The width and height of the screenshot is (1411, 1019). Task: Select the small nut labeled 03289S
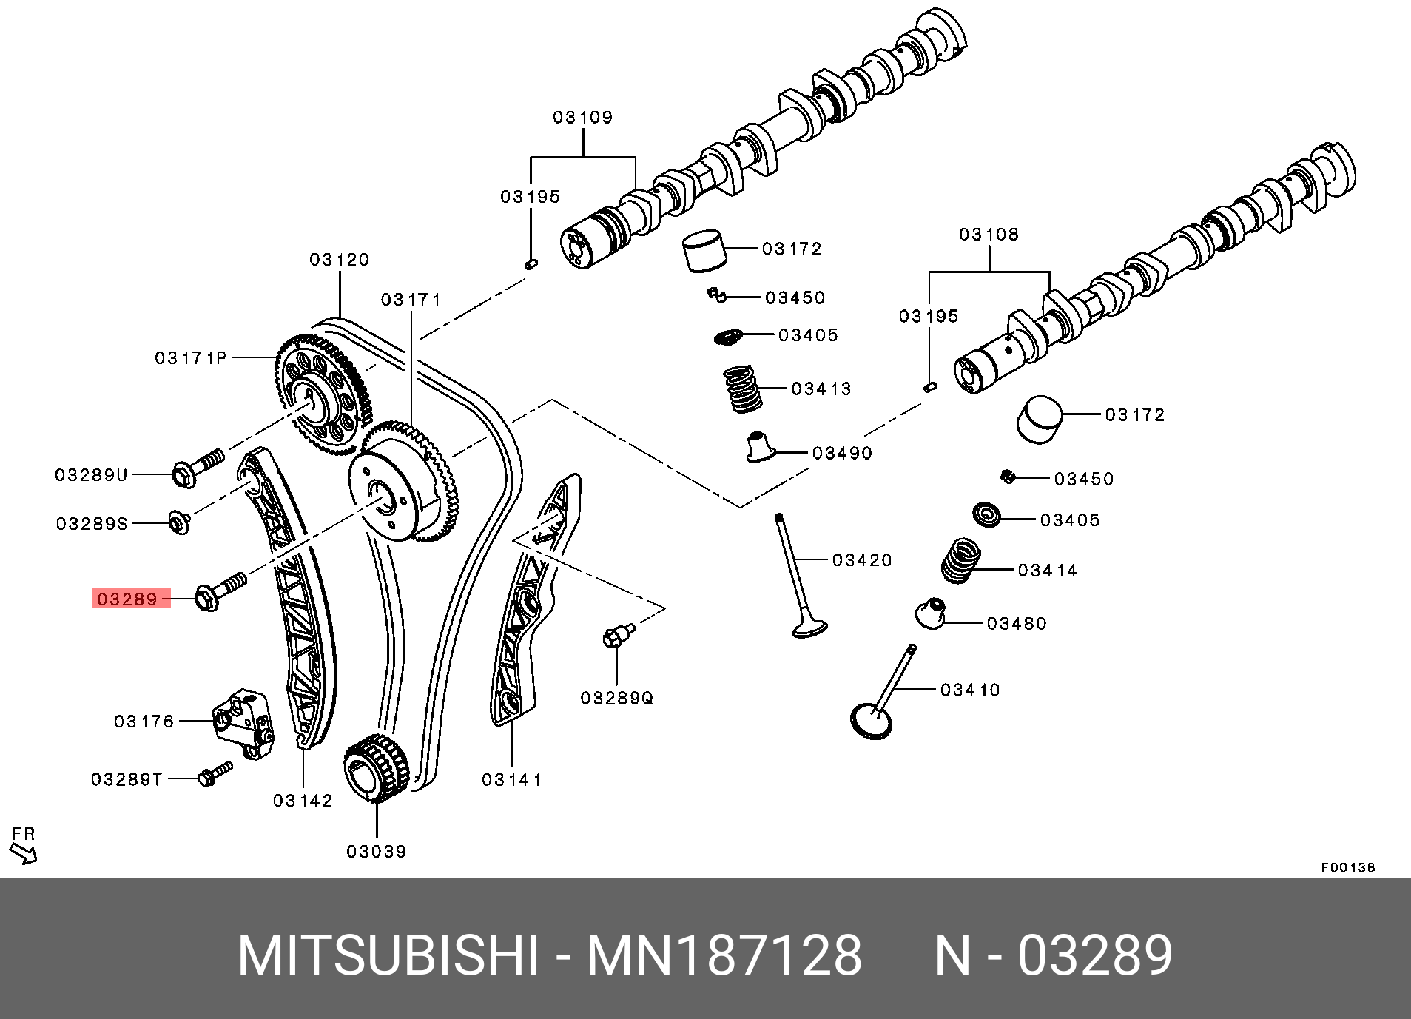[179, 522]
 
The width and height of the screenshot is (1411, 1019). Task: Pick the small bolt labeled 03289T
[215, 774]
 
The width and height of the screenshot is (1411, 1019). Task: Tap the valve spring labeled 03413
[742, 389]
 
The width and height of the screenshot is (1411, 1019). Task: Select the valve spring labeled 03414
[960, 561]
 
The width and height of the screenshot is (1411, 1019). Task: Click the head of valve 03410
[872, 721]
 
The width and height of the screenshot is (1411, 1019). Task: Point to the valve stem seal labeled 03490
[759, 447]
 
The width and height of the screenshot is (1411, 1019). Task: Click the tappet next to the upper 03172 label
[703, 250]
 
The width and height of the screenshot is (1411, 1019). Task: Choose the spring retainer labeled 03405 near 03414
[986, 514]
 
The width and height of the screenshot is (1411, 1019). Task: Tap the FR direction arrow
[24, 854]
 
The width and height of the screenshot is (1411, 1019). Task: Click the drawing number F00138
[1347, 867]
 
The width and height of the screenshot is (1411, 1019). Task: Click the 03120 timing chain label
[339, 260]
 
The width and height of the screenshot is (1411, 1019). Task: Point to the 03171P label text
[190, 358]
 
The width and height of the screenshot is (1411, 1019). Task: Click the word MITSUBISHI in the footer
[388, 955]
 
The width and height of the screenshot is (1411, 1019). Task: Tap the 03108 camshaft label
[989, 235]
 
